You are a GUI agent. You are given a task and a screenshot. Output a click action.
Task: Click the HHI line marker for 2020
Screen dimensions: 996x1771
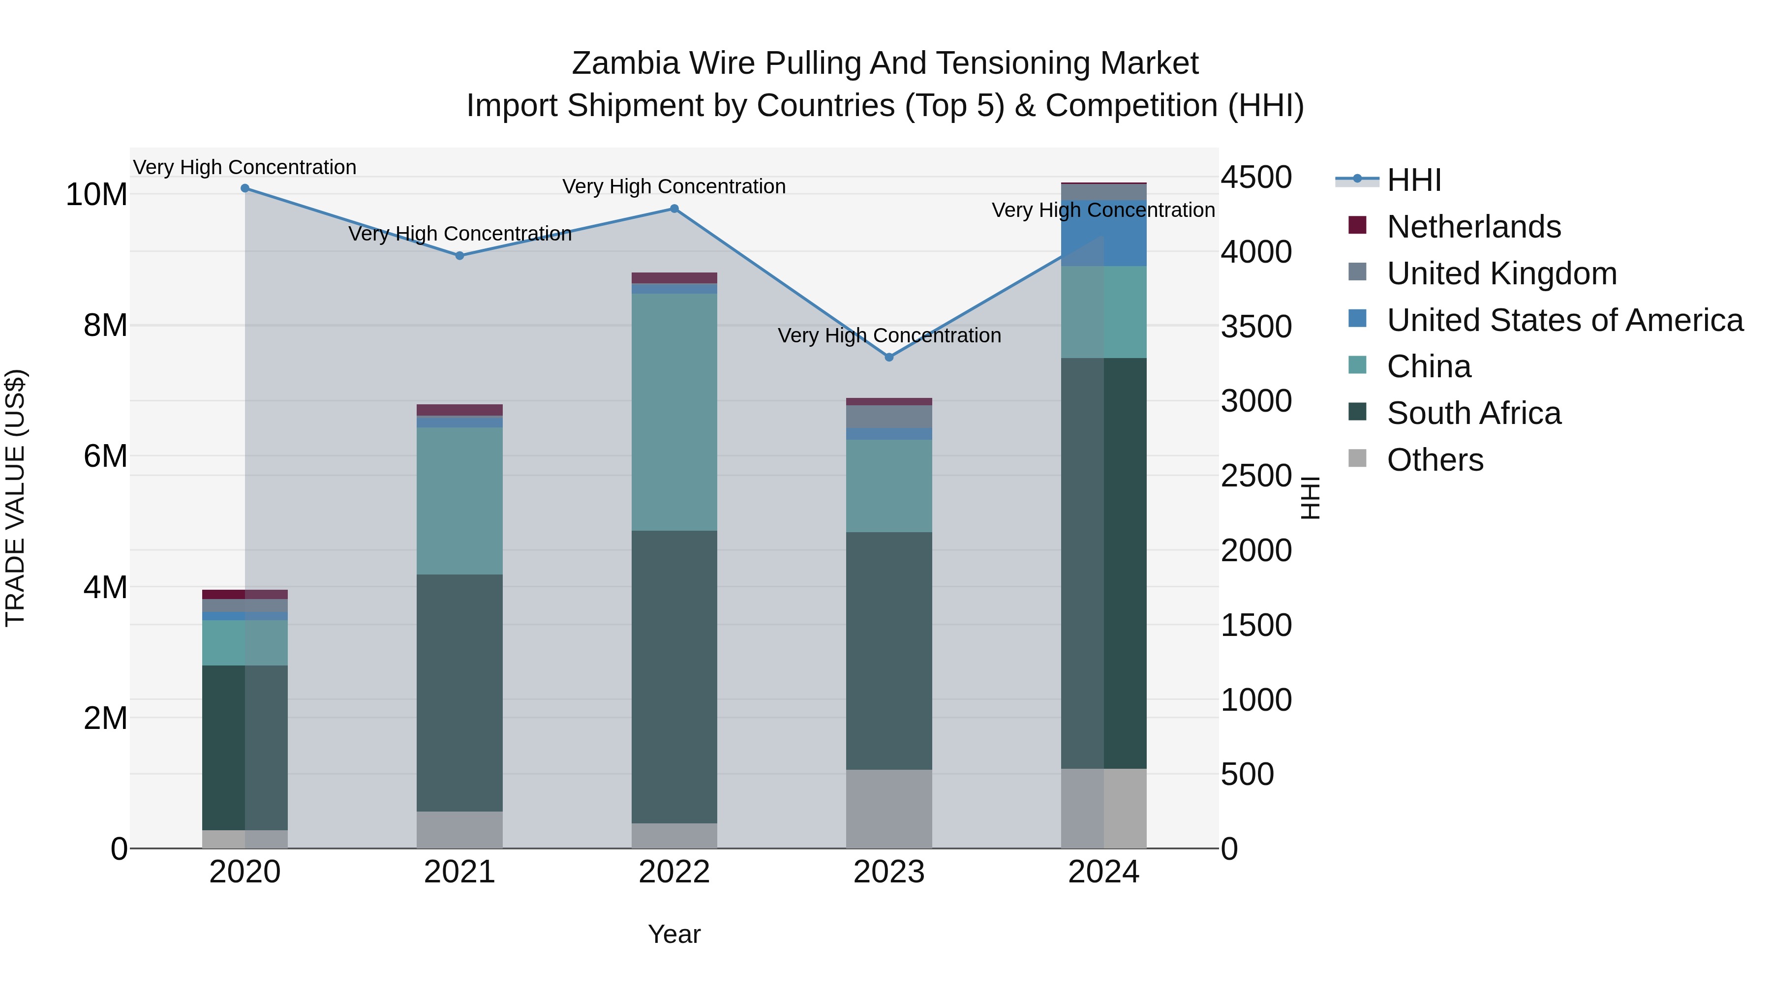(x=245, y=188)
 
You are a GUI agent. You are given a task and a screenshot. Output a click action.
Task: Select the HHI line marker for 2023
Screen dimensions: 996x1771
(x=889, y=358)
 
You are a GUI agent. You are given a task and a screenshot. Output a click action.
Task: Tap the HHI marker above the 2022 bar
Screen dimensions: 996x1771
(x=674, y=209)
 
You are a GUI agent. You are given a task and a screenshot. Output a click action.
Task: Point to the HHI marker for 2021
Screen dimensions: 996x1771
(x=460, y=256)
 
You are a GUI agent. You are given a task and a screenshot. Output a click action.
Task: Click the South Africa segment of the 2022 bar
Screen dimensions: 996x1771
(x=674, y=677)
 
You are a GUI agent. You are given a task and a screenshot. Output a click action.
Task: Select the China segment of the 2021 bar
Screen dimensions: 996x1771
(x=459, y=501)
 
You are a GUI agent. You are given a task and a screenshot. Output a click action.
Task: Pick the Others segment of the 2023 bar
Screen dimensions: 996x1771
(x=889, y=809)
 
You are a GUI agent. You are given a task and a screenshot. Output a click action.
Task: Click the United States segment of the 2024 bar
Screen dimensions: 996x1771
(x=1103, y=234)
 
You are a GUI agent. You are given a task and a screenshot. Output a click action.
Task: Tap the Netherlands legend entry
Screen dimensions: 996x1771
(x=1473, y=227)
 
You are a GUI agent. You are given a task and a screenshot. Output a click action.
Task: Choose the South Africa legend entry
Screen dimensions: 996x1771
(x=1473, y=413)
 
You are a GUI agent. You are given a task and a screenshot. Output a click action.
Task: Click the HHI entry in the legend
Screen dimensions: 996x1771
(x=1413, y=180)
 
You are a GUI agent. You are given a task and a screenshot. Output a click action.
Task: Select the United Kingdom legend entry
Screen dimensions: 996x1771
(x=1501, y=273)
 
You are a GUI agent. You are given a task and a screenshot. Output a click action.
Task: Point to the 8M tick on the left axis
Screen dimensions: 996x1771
(x=105, y=325)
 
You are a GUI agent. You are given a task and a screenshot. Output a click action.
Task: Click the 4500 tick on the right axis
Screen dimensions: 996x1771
(x=1256, y=178)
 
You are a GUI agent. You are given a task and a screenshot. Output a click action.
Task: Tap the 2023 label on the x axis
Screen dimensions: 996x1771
(x=889, y=872)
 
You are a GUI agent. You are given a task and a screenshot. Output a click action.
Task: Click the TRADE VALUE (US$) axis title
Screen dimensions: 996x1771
(x=15, y=498)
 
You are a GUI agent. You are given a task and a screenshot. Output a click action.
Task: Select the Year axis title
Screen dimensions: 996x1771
(x=674, y=934)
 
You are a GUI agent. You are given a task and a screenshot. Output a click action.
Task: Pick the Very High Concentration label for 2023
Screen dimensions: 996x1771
(x=889, y=335)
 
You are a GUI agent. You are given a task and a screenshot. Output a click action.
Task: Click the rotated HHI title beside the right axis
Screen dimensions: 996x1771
(x=1311, y=498)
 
